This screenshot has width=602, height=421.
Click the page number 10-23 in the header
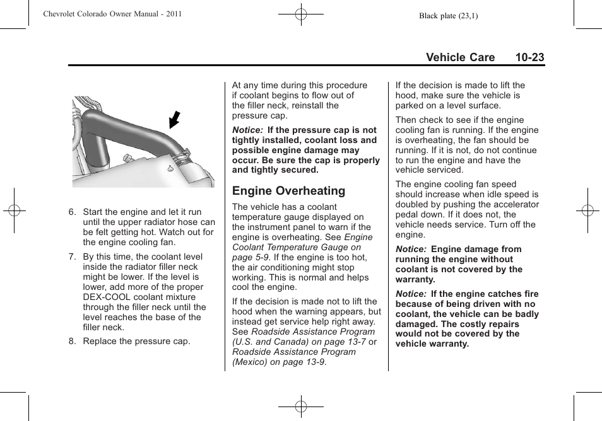[529, 57]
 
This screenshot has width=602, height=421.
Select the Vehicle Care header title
[460, 57]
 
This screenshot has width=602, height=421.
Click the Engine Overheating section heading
[288, 191]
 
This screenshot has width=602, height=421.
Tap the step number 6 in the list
[73, 212]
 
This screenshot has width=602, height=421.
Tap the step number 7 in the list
[73, 257]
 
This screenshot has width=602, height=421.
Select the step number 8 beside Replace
[73, 342]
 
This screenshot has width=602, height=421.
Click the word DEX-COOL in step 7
[105, 297]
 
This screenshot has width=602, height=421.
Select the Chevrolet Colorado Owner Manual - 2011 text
[112, 14]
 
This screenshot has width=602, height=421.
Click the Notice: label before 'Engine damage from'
[411, 250]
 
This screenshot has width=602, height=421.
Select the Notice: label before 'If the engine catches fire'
[411, 294]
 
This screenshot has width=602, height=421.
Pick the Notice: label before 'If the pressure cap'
[247, 130]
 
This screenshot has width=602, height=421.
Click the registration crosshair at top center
[301, 14]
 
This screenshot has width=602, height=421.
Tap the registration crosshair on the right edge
[587, 211]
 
